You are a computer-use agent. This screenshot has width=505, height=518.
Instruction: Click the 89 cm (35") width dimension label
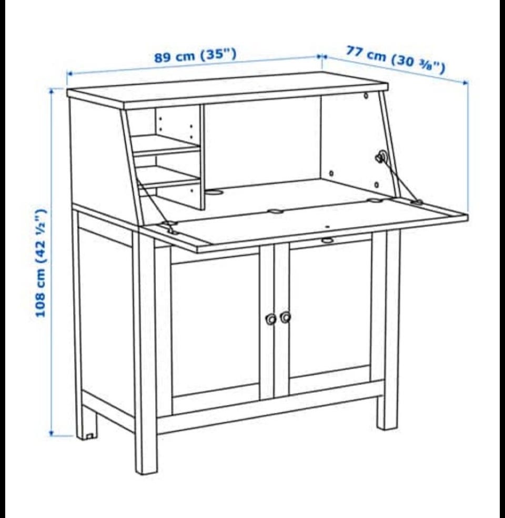(x=195, y=55)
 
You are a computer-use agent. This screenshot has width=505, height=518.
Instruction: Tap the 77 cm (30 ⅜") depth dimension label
(x=395, y=59)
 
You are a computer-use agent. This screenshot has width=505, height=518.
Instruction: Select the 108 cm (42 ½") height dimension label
(x=41, y=263)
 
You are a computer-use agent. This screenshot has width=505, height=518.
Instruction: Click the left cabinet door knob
(x=271, y=319)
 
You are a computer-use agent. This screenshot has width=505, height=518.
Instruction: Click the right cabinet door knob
(x=285, y=317)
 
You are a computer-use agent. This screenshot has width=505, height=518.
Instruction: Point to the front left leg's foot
(x=146, y=469)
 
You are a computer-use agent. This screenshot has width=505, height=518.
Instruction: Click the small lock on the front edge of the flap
(x=327, y=240)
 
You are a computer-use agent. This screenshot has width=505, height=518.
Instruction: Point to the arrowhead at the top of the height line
(x=52, y=91)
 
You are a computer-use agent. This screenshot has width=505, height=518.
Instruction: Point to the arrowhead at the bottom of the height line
(x=52, y=433)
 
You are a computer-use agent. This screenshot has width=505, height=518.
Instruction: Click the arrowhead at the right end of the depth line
(x=466, y=83)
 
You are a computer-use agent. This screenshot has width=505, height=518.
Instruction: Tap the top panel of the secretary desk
(x=228, y=91)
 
